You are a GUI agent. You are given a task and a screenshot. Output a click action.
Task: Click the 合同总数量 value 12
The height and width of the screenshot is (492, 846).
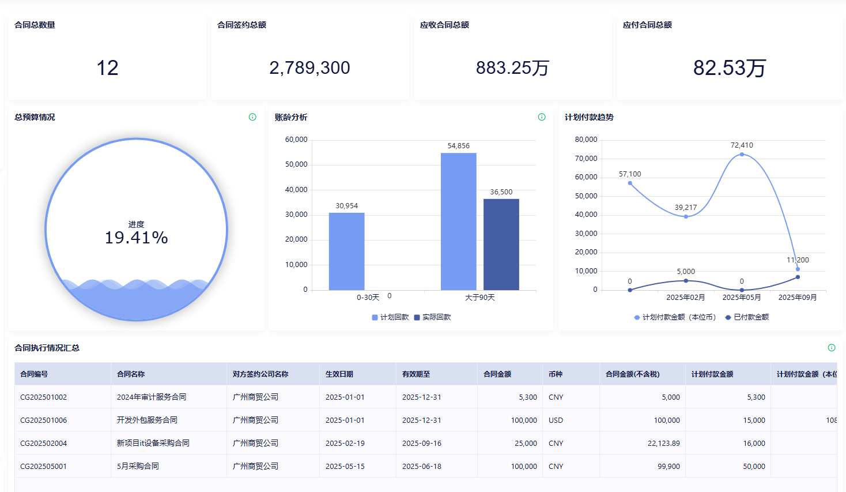[107, 68]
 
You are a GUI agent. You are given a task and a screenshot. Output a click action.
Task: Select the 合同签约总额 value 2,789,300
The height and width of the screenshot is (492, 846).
[309, 68]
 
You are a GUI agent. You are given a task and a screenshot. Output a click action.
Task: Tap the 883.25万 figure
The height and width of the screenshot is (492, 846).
[512, 68]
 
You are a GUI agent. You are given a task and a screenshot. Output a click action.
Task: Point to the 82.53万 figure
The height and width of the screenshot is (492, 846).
[729, 68]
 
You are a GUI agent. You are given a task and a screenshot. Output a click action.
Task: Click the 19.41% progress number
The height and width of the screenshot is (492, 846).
[137, 238]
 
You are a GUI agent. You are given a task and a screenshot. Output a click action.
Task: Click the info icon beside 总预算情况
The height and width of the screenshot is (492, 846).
[252, 117]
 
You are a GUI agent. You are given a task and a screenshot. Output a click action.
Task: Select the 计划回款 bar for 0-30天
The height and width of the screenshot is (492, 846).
[346, 251]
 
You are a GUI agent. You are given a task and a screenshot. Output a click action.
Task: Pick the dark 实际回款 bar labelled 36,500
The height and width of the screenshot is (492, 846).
[501, 245]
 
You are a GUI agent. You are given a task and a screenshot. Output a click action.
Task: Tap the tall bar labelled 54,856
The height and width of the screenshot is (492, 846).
[458, 221]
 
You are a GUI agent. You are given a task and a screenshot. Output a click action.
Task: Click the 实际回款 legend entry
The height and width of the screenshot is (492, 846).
[433, 317]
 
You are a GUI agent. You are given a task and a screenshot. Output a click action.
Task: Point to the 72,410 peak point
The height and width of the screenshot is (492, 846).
[742, 154]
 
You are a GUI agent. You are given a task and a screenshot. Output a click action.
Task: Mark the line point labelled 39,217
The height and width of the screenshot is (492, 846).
[686, 216]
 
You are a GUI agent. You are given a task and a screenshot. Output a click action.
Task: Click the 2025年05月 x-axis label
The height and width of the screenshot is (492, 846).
[742, 298]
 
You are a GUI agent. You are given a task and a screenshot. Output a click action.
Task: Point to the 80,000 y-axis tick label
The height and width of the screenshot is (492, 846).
[586, 140]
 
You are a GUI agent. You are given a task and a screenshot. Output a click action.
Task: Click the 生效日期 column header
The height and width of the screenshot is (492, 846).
[339, 374]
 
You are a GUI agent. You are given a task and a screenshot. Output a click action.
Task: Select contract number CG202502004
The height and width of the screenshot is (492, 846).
[44, 444]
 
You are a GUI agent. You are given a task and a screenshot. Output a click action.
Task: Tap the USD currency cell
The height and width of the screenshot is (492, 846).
[556, 420]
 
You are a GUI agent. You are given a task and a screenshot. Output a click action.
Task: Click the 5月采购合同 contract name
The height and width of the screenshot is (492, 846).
[138, 467]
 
